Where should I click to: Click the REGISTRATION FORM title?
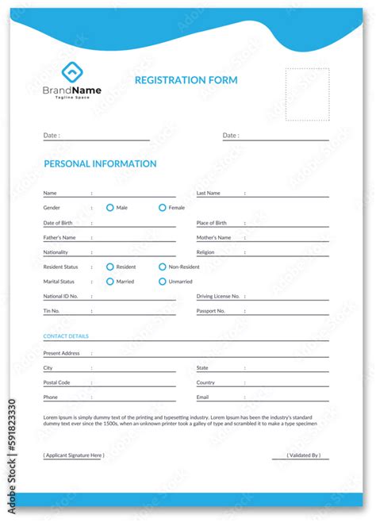[x=186, y=80]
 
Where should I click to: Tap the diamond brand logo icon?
[x=71, y=72]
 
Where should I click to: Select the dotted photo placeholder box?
[x=307, y=94]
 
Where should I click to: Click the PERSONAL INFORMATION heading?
[x=100, y=164]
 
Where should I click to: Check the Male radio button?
[x=110, y=208]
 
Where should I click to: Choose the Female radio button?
[x=163, y=208]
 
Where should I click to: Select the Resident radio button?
[x=110, y=267]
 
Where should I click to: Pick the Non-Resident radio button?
[x=163, y=267]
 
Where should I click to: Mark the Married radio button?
[x=110, y=282]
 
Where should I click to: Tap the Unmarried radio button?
[x=163, y=282]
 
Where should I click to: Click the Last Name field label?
[x=209, y=193]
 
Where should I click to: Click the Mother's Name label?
[x=213, y=237]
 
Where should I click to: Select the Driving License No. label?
[x=218, y=296]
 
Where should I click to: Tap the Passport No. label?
[x=211, y=311]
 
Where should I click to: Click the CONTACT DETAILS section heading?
[x=66, y=336]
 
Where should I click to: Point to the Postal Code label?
[x=56, y=382]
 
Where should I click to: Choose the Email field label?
[x=203, y=397]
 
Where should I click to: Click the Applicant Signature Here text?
[x=74, y=455]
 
